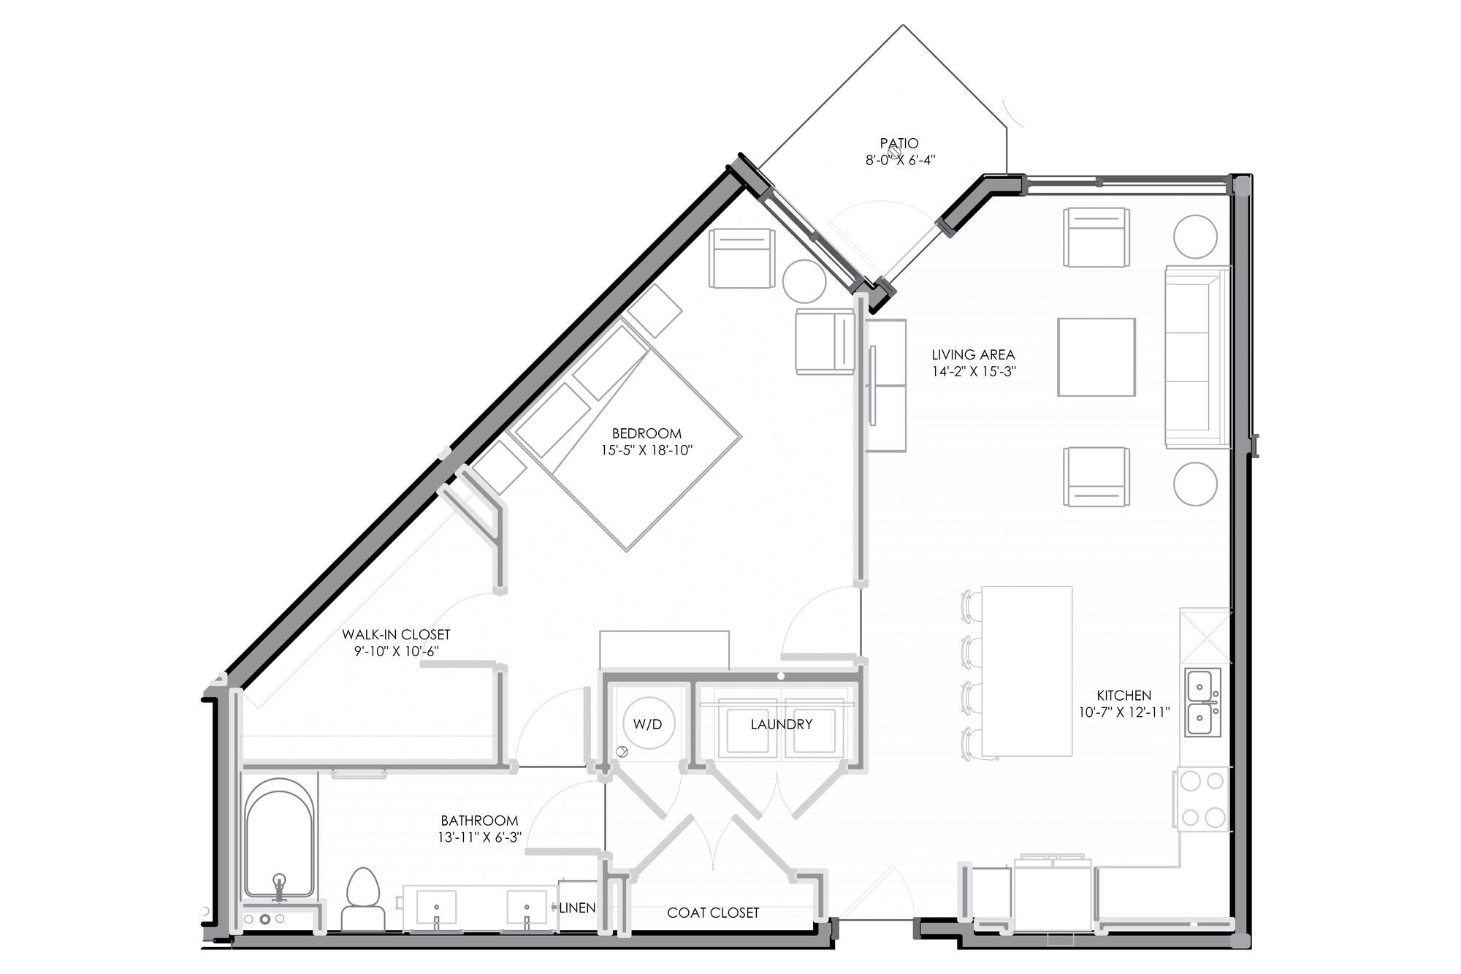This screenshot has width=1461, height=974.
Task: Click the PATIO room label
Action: pos(899,143)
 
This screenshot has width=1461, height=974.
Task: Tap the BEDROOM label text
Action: pos(646,434)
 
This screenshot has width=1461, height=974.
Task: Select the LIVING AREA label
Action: pos(973,355)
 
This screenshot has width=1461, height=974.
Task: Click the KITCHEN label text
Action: pos(1124,696)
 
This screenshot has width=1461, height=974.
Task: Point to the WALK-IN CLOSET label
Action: pos(396,635)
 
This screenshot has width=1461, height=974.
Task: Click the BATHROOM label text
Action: pos(479,821)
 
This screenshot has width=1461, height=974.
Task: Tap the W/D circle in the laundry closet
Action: pos(647,724)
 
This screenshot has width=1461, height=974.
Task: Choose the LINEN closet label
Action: pos(577,908)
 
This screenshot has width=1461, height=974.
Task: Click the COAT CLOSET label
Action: pos(713,913)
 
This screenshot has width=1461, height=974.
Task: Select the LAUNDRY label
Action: pos(781,724)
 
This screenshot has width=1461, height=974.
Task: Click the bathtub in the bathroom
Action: pos(280,837)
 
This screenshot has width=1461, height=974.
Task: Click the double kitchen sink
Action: pos(1202,702)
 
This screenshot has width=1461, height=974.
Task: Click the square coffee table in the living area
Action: pos(1096,357)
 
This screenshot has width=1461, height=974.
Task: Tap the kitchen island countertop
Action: pos(1026,671)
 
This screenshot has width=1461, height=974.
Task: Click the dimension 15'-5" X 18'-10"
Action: pos(646,451)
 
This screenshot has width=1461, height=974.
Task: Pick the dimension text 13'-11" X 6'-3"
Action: pos(479,838)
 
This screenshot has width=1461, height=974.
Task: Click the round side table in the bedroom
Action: pos(805,281)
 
